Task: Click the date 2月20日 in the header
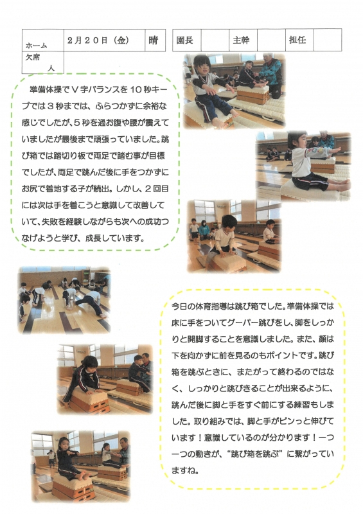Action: click(87, 40)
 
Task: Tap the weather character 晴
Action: click(153, 40)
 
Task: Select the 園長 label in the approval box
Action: click(184, 40)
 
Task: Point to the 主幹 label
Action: click(241, 40)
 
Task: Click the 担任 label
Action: click(297, 40)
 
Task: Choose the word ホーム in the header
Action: click(37, 46)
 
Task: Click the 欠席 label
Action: click(32, 57)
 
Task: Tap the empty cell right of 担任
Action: click(328, 40)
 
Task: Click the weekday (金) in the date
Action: click(121, 40)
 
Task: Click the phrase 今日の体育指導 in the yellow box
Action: click(199, 306)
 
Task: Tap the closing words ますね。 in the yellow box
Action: click(186, 471)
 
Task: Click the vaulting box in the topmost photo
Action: click(252, 94)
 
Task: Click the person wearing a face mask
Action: click(204, 229)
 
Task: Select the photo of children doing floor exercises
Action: click(64, 300)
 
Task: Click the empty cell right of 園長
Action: click(215, 40)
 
